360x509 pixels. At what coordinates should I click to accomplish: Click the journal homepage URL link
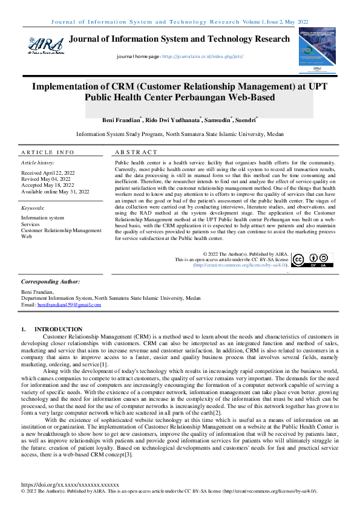(x=200, y=56)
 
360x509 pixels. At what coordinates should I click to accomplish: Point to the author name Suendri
(x=245, y=120)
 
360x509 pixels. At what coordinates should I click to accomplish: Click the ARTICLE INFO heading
(x=48, y=152)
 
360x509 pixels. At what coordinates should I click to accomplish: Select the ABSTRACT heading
(x=136, y=152)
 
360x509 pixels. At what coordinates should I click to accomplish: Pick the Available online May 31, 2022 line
(x=55, y=191)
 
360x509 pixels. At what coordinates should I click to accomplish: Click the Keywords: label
(x=34, y=207)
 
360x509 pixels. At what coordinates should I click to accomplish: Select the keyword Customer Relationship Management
(x=61, y=230)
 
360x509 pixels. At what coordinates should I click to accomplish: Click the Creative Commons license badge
(x=313, y=260)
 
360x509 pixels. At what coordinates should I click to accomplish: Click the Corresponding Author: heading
(x=50, y=282)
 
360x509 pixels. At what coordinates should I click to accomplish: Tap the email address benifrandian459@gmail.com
(x=69, y=305)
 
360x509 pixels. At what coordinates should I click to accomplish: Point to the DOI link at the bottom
(x=70, y=485)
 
